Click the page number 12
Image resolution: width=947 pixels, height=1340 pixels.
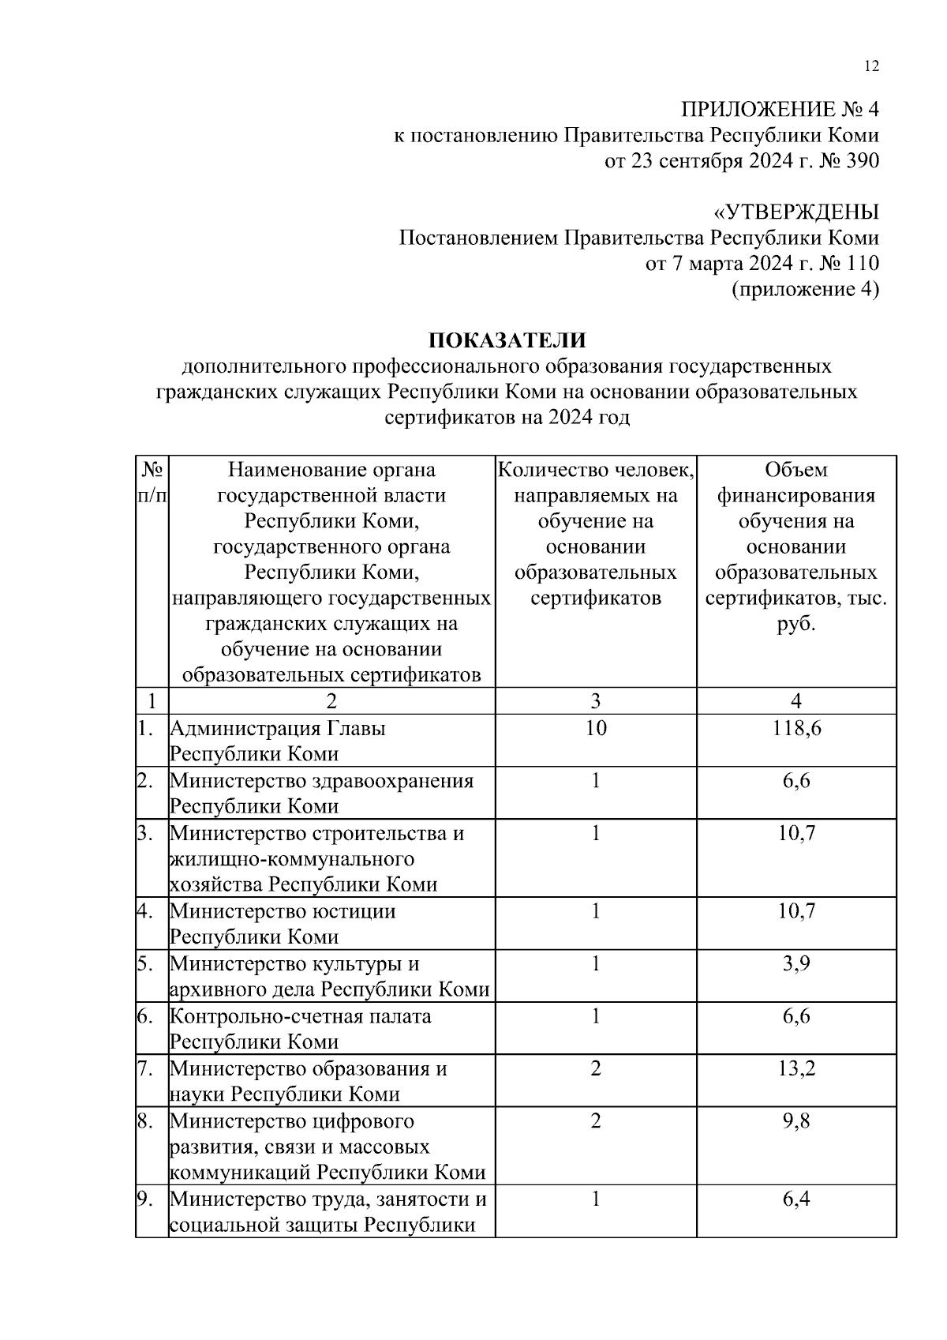(x=871, y=67)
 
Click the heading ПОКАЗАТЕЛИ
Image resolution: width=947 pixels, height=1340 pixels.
(x=507, y=341)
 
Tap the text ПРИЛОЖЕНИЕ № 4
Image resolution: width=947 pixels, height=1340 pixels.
(x=780, y=110)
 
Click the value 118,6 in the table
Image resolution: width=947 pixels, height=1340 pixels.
(x=795, y=728)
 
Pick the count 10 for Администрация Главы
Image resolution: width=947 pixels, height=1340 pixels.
(x=596, y=728)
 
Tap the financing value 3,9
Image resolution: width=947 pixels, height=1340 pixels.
(x=795, y=963)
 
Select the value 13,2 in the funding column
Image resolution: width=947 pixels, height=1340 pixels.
(x=795, y=1068)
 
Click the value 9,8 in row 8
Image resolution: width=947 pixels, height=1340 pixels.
(x=795, y=1121)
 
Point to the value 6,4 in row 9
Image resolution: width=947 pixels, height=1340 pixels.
(x=795, y=1199)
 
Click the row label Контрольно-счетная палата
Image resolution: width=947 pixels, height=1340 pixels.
(x=301, y=1016)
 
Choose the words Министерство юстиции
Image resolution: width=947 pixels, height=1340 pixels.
(x=283, y=911)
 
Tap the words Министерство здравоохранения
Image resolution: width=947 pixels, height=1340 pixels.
(x=321, y=781)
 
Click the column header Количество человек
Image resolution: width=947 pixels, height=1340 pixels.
(x=596, y=471)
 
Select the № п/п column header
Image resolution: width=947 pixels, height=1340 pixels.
(x=152, y=482)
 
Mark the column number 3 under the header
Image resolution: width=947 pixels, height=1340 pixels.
(x=596, y=701)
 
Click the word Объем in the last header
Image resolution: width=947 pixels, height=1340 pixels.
(x=795, y=471)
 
